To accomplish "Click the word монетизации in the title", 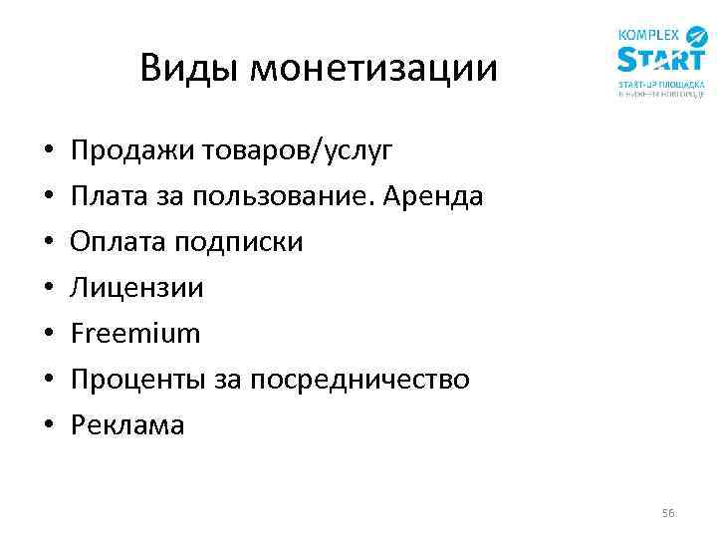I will [373, 68].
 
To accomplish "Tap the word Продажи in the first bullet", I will [125, 151].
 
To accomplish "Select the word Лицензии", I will [136, 288].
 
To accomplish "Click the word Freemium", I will [135, 333].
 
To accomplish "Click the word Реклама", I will [127, 425].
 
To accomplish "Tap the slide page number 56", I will [667, 513].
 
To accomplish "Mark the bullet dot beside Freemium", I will [48, 335].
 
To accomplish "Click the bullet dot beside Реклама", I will [48, 426].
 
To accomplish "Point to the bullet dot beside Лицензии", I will [48, 289].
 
